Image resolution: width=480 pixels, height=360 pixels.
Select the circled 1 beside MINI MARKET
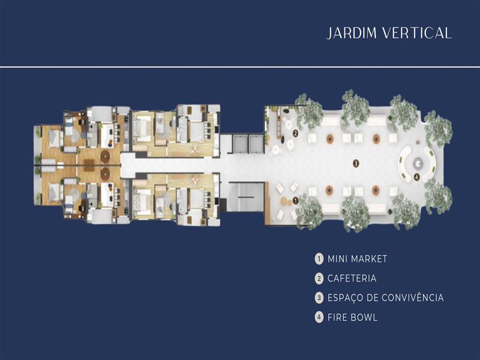pos(319,259)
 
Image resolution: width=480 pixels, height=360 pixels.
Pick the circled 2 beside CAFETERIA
pos(319,278)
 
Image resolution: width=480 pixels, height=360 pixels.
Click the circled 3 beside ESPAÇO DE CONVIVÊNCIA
pos(319,298)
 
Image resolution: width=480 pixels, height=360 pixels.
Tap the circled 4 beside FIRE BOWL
pos(319,317)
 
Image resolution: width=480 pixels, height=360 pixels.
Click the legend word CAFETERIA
pos(352,278)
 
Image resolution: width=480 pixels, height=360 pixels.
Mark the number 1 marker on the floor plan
pos(295,201)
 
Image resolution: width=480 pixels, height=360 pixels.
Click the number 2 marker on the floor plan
pos(295,133)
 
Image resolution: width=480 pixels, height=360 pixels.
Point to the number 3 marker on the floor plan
pos(356,163)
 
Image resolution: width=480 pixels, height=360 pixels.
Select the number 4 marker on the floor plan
pos(416,176)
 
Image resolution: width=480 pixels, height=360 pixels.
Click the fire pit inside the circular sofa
pos(418,163)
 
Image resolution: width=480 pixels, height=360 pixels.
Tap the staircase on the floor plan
pos(247,197)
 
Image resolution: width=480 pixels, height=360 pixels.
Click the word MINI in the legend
pos(337,259)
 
